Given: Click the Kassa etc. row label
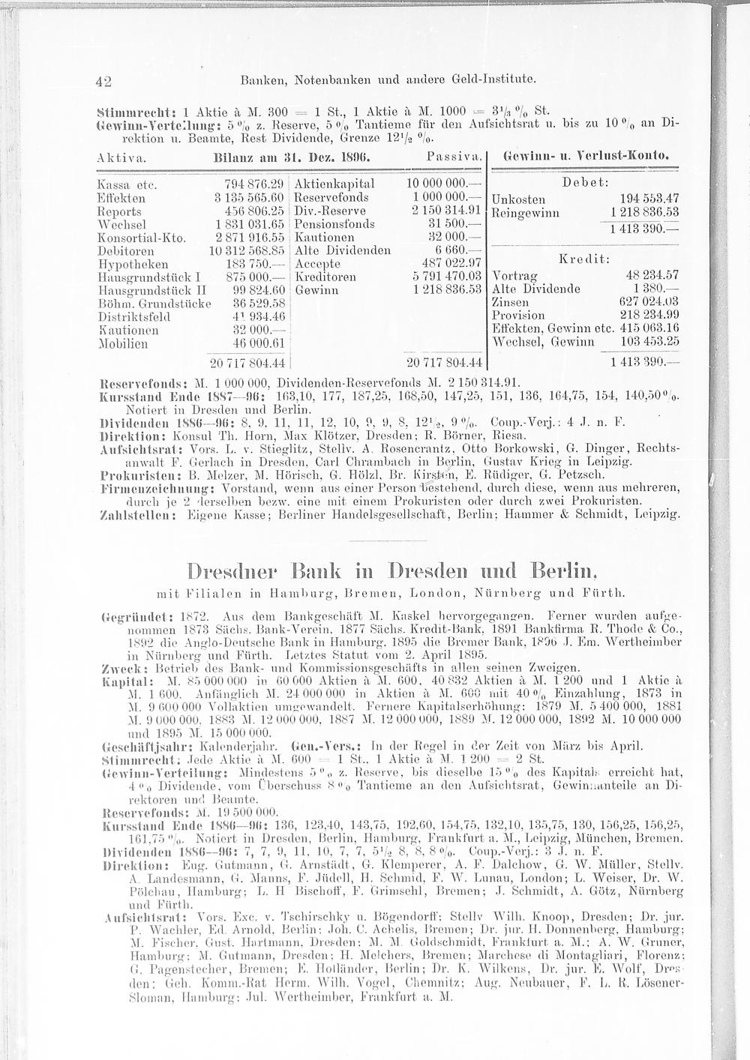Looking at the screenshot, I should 121,184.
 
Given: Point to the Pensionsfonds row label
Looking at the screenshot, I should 334,224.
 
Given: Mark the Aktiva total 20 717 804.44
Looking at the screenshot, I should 248,364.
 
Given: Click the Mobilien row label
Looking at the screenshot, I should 120,343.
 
